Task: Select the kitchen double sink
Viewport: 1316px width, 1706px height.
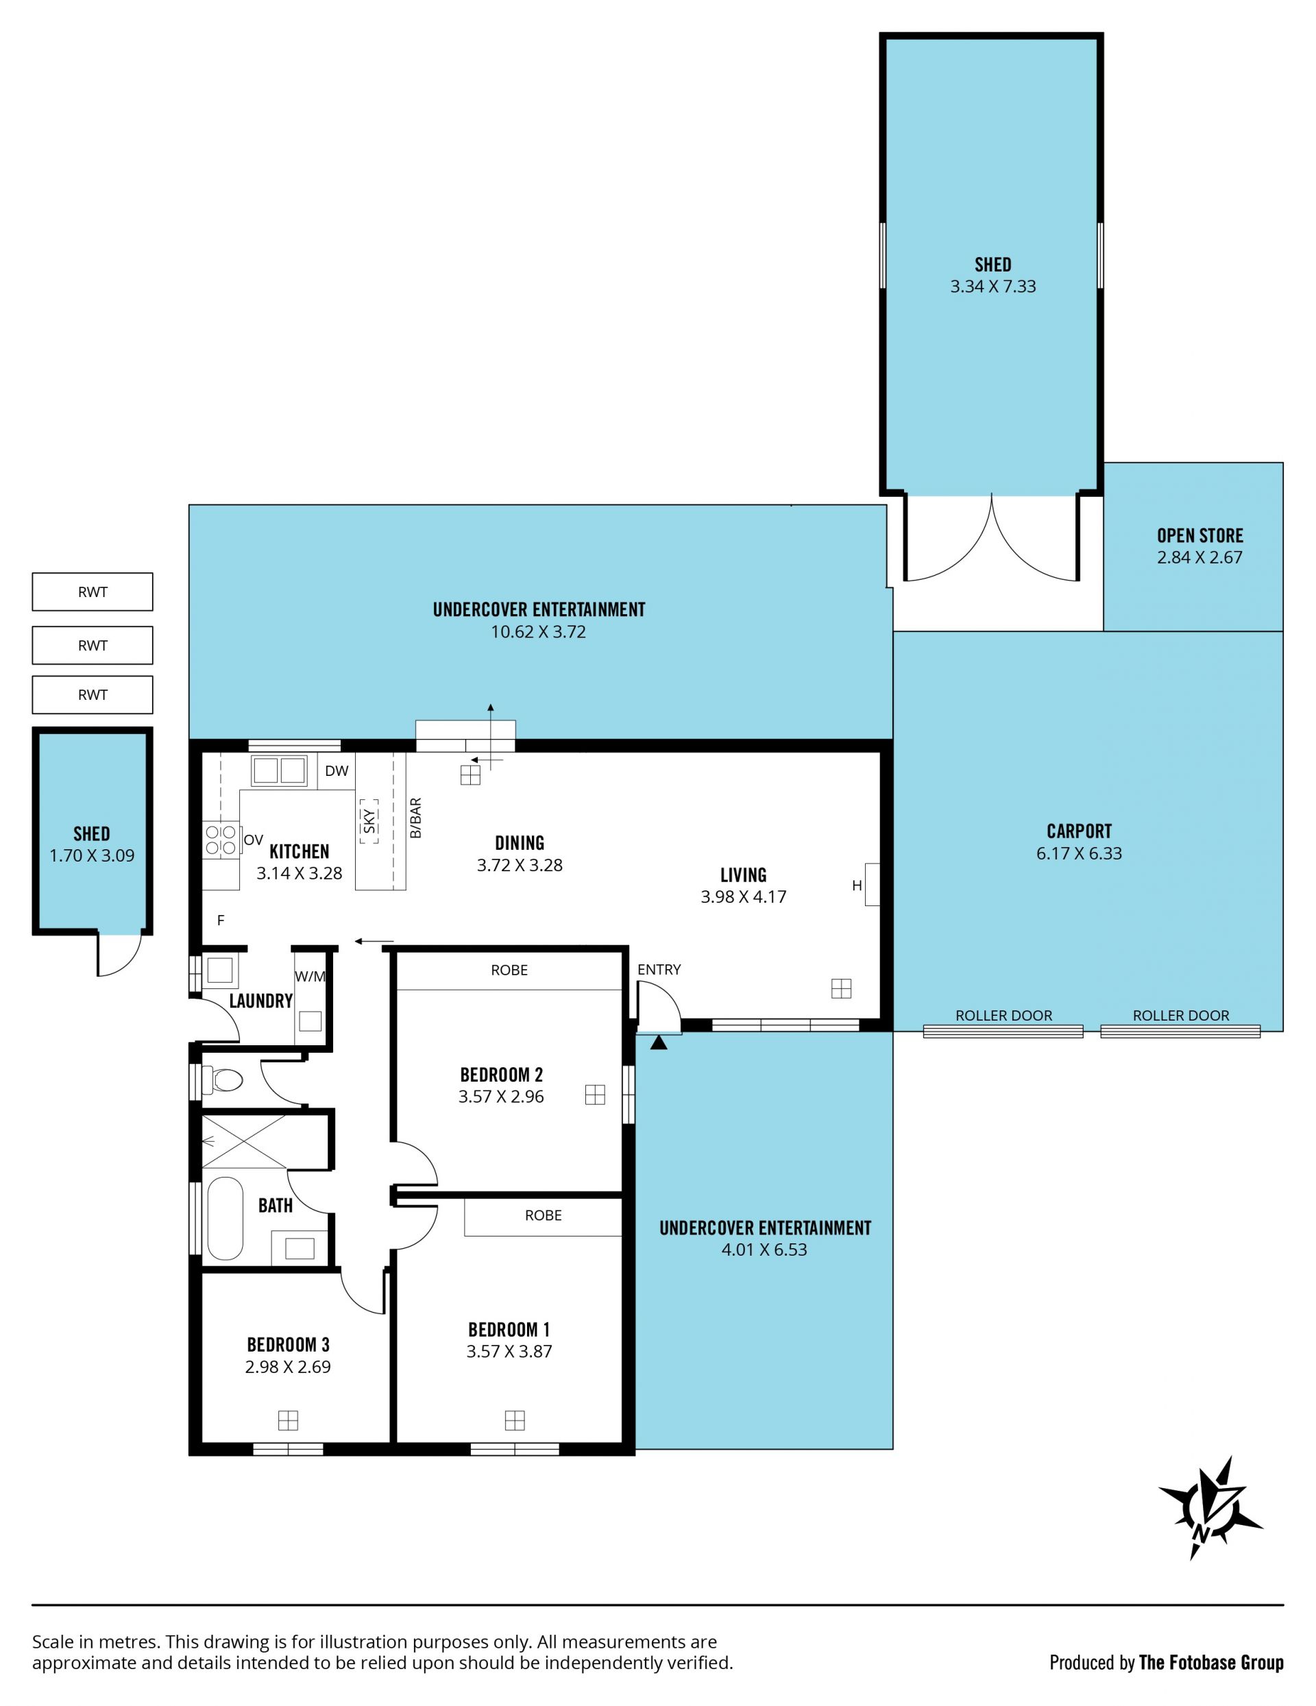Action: [x=279, y=770]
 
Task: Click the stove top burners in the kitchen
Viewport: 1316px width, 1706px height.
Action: [x=221, y=840]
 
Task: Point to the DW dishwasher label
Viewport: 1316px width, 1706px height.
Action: [x=337, y=771]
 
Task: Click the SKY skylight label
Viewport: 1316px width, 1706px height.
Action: [x=369, y=821]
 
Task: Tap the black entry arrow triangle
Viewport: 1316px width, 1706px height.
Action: [x=659, y=1041]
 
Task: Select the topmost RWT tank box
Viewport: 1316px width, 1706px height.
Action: [x=92, y=592]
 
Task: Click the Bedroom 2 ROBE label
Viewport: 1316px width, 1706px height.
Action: [x=509, y=970]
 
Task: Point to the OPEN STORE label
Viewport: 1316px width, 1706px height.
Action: [x=1199, y=536]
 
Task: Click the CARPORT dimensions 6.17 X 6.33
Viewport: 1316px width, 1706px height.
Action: [x=1079, y=854]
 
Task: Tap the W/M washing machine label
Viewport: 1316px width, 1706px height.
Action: [x=310, y=977]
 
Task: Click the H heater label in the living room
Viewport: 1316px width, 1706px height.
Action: [x=857, y=886]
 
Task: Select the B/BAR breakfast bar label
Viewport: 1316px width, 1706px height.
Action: [x=416, y=818]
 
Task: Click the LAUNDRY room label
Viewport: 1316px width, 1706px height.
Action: [x=261, y=1001]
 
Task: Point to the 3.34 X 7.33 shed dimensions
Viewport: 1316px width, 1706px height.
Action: [x=992, y=287]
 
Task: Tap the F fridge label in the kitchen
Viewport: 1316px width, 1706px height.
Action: [x=221, y=921]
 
